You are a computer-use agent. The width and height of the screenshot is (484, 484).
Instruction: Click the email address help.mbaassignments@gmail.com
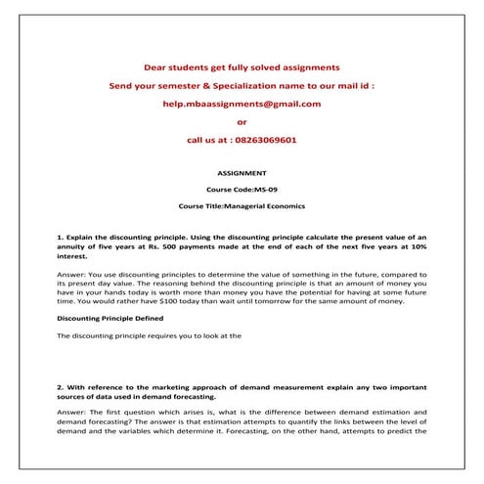(242, 104)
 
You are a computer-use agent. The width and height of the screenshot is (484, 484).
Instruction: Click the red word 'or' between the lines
(242, 122)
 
